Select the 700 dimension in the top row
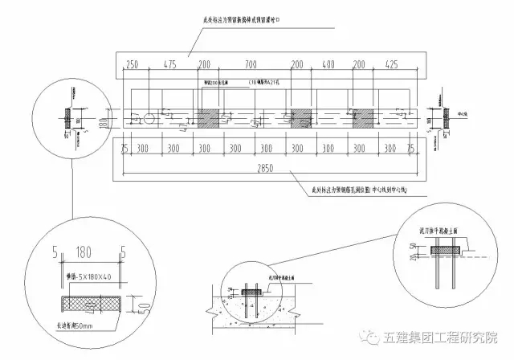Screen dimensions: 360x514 252,63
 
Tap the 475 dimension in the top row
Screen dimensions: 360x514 169,63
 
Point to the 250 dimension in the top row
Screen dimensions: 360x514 133,63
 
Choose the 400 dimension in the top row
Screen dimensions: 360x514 328,63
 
